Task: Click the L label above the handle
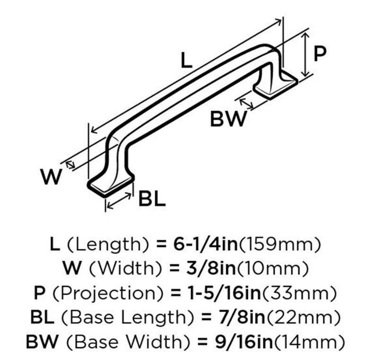tap(186, 60)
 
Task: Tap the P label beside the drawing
tap(320, 54)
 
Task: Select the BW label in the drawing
tap(228, 119)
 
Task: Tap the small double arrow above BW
tap(246, 104)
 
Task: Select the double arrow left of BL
tap(119, 201)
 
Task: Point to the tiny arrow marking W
tap(70, 165)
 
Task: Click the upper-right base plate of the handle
tap(276, 85)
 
